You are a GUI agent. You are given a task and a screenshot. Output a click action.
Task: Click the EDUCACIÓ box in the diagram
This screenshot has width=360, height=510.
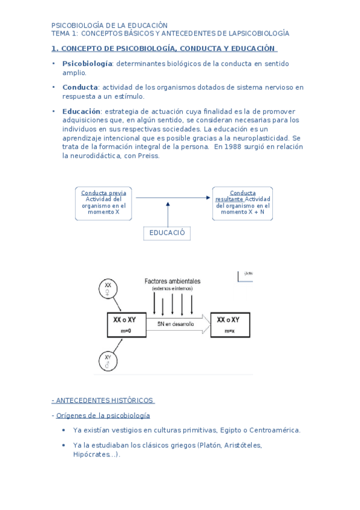(x=166, y=233)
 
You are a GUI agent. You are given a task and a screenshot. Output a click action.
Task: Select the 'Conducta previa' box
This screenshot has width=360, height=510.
(x=104, y=203)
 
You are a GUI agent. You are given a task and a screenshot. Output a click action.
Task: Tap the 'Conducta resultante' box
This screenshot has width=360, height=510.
(x=242, y=203)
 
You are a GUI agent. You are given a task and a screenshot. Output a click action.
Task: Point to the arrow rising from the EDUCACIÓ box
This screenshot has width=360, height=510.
(x=168, y=214)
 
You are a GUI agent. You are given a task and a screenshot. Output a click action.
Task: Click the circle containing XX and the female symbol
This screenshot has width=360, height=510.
(x=108, y=289)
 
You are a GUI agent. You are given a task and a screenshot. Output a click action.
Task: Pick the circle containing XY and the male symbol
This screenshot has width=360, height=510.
(x=108, y=361)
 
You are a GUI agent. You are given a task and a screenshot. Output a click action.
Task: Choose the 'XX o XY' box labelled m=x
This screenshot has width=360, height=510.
(x=230, y=325)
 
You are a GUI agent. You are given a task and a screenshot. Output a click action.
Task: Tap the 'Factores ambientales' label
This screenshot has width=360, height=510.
(x=172, y=281)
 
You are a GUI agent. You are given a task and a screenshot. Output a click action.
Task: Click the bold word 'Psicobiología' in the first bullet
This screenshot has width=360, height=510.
(x=87, y=64)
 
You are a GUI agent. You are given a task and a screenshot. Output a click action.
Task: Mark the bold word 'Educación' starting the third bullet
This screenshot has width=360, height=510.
(x=82, y=112)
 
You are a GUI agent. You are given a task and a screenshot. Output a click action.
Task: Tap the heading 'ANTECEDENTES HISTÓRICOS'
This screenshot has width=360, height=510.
(x=105, y=401)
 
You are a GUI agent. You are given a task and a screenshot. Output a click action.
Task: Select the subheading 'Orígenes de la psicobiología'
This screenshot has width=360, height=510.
(x=103, y=416)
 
